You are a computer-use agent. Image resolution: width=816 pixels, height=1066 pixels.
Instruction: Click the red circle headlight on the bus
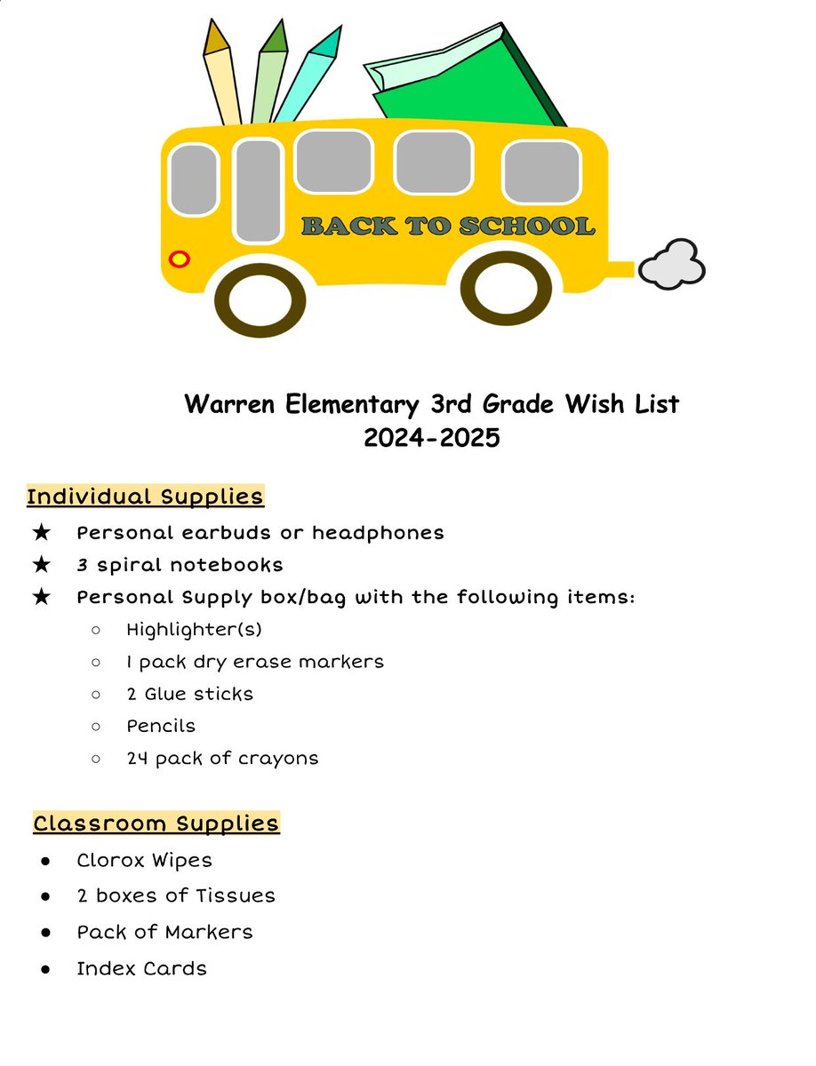180,259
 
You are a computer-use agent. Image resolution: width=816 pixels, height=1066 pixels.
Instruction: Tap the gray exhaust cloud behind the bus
672,265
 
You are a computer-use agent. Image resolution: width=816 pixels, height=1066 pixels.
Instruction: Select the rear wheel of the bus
506,291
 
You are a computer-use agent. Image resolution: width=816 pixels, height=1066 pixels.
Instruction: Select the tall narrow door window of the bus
258,190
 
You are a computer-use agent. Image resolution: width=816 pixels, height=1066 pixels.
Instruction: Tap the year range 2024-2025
431,438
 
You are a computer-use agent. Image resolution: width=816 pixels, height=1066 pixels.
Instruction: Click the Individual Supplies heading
145,496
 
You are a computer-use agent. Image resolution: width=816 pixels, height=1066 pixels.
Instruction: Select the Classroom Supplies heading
156,823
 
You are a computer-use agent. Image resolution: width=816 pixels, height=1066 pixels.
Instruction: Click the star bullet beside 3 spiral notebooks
41,565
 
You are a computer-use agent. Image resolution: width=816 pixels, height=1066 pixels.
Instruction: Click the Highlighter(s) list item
194,630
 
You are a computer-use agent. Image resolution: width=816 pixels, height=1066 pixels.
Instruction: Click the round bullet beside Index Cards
44,969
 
